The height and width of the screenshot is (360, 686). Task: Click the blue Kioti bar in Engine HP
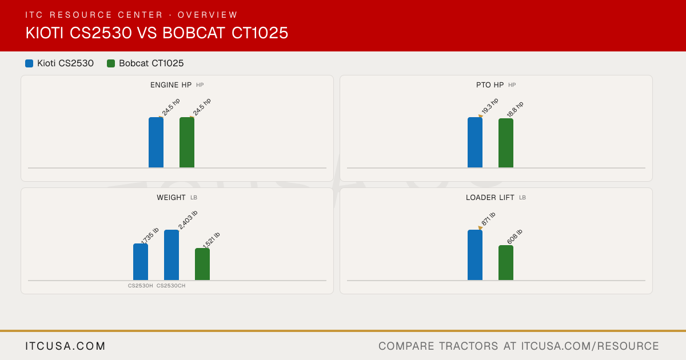[x=156, y=142]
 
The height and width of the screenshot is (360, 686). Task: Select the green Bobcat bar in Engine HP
[x=187, y=142]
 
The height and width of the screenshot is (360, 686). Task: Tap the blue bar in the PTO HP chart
[x=475, y=142]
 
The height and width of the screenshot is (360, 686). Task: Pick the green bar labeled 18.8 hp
[x=506, y=143]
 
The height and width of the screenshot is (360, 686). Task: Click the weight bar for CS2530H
[x=141, y=262]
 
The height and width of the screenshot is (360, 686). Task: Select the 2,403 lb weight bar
[x=171, y=255]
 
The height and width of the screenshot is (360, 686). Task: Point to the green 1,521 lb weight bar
[x=202, y=264]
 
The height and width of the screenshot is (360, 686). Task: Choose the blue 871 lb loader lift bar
[x=475, y=255]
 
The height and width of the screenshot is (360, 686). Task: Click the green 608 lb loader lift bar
[x=506, y=263]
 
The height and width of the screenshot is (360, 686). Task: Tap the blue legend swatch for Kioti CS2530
[x=29, y=63]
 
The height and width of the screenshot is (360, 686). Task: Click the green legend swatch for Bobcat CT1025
[x=111, y=63]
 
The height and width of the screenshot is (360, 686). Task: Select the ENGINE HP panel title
[x=171, y=85]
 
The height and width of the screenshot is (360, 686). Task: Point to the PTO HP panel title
[x=490, y=85]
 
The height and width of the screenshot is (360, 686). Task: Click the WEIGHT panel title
[x=171, y=198]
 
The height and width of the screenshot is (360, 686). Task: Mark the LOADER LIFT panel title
[x=490, y=198]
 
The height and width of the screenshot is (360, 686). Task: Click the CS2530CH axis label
[x=171, y=286]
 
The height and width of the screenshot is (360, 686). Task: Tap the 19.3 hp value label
[x=490, y=106]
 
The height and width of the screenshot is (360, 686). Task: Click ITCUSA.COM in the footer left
[x=65, y=346]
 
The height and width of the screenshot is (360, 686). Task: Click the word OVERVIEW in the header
[x=208, y=15]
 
